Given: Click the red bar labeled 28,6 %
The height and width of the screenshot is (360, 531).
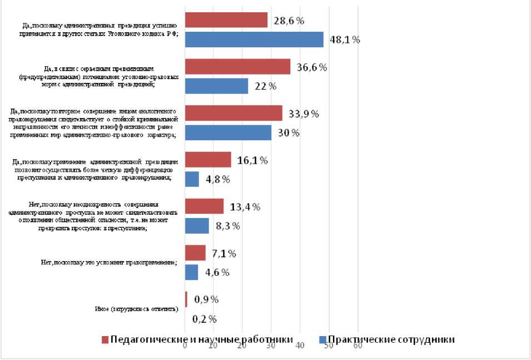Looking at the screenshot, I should click(x=226, y=21).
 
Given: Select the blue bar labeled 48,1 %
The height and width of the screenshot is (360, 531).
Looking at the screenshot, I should click(x=254, y=40).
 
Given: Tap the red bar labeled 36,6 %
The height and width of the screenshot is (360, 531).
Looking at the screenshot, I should click(x=237, y=67).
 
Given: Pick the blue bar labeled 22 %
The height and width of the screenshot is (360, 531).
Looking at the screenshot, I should click(x=216, y=86).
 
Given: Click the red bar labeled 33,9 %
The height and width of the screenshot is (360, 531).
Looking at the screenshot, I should click(x=234, y=114).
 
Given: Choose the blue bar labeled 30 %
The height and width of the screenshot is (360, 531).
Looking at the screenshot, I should click(x=228, y=132).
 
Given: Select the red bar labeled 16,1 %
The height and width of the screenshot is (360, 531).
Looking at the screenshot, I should click(x=208, y=160).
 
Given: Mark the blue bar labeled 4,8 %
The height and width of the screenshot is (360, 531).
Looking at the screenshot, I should click(x=191, y=179).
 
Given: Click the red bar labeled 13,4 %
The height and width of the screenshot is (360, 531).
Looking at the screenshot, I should click(x=204, y=206).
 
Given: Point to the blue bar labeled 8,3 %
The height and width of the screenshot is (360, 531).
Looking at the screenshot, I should click(x=196, y=225).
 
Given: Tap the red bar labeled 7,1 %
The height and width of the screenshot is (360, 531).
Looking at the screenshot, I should click(x=195, y=253).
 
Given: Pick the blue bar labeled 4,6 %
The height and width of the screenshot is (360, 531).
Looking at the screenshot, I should click(x=191, y=272).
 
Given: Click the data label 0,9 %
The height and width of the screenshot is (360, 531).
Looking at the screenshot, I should click(x=206, y=299).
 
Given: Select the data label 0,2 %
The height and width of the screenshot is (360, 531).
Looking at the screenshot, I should click(x=204, y=319).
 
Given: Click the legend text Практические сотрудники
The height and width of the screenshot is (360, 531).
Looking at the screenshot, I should click(x=391, y=340).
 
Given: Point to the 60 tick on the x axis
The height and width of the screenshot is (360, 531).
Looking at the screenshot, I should click(x=358, y=346).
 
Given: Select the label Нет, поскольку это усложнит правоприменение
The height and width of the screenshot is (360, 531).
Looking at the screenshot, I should click(x=110, y=263).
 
